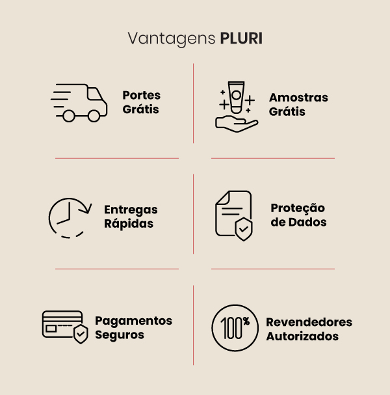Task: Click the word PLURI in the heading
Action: click(241, 38)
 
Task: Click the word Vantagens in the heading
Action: click(171, 39)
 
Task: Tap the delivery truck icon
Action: click(79, 102)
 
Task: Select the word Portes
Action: click(141, 95)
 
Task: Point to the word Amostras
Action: click(298, 97)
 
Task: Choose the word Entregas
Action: click(131, 210)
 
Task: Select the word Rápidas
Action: click(129, 223)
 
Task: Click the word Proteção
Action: click(298, 208)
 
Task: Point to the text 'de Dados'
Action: click(298, 222)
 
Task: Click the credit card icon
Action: click(64, 325)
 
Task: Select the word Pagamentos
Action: click(133, 321)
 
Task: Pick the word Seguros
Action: click(119, 335)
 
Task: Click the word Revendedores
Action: click(309, 322)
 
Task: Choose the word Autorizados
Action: click(302, 336)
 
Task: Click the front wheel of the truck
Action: click(94, 115)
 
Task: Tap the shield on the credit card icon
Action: click(81, 335)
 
